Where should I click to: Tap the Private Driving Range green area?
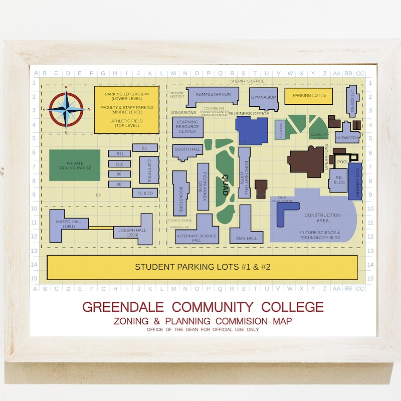(75, 165)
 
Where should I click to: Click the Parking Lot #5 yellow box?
(309, 96)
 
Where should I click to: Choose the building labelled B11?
(119, 153)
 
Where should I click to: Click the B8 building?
(119, 184)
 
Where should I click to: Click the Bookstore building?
(180, 193)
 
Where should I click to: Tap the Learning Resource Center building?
(187, 127)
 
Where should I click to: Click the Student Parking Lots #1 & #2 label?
(203, 267)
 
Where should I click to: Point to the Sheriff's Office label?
(247, 81)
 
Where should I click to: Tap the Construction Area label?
(322, 218)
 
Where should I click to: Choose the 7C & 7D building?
(145, 193)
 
